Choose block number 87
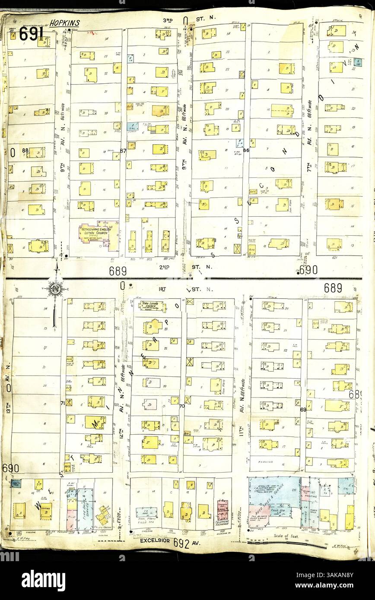coord(123,151)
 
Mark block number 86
coord(246,151)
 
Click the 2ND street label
coord(164,267)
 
